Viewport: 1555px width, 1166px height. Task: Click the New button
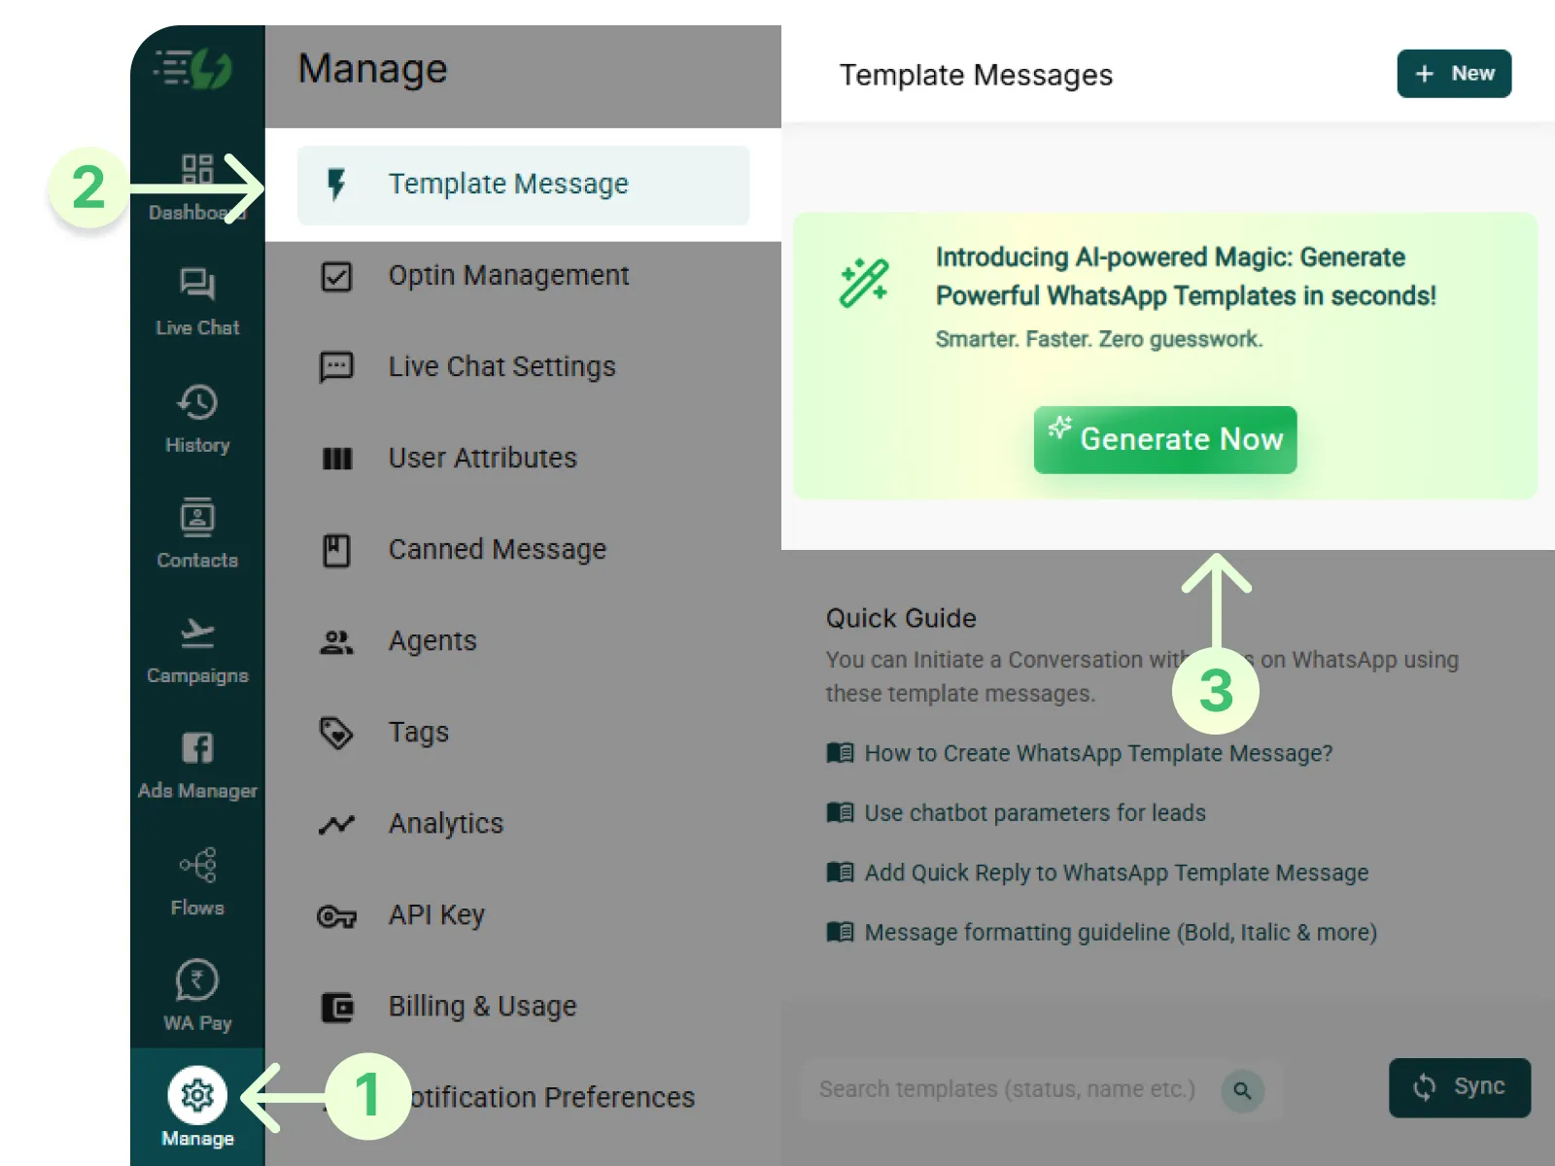click(x=1453, y=74)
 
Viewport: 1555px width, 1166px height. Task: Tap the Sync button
click(x=1459, y=1087)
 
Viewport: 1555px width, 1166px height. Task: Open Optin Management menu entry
click(x=507, y=276)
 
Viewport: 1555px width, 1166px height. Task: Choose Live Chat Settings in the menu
click(x=501, y=367)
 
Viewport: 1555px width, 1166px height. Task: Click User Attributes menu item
click(x=482, y=459)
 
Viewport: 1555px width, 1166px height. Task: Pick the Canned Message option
click(x=497, y=550)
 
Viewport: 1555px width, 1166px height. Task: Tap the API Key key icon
click(x=336, y=916)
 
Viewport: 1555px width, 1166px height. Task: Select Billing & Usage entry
click(x=482, y=1007)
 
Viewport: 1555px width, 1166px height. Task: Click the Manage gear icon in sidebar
click(x=197, y=1095)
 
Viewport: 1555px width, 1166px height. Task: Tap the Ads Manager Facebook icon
click(x=197, y=748)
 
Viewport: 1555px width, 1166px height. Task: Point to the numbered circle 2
click(x=88, y=188)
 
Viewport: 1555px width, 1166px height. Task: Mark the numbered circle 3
click(x=1215, y=691)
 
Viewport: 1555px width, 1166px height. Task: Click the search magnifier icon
click(x=1242, y=1090)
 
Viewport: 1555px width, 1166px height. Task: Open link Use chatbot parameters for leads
click(x=1034, y=813)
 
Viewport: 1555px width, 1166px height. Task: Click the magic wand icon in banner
click(x=863, y=283)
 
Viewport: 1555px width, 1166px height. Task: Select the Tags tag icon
click(x=336, y=733)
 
